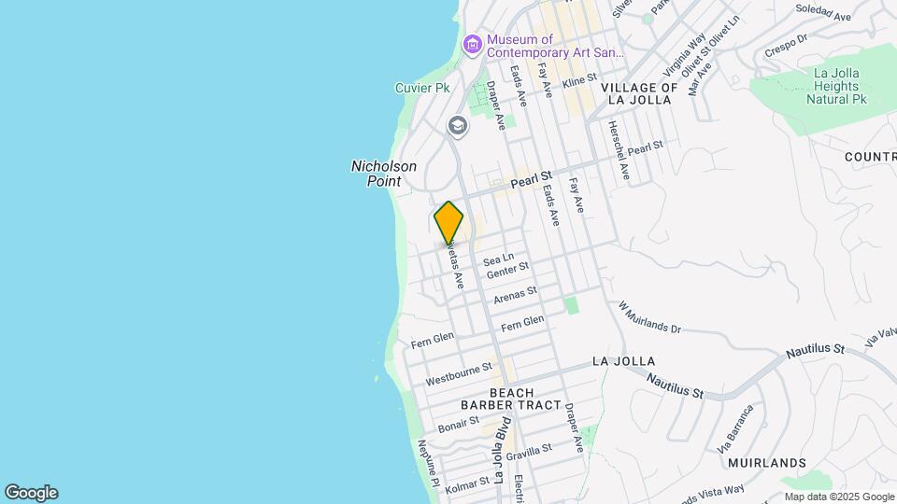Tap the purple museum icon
click(472, 44)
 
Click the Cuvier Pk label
click(422, 88)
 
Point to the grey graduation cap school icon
click(457, 125)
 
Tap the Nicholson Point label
click(383, 174)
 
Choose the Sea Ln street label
click(499, 259)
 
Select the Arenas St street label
click(516, 296)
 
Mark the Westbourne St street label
click(458, 375)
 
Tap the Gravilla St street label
click(531, 452)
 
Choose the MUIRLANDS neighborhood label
click(766, 463)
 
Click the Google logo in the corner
click(31, 493)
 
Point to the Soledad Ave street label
click(823, 12)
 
